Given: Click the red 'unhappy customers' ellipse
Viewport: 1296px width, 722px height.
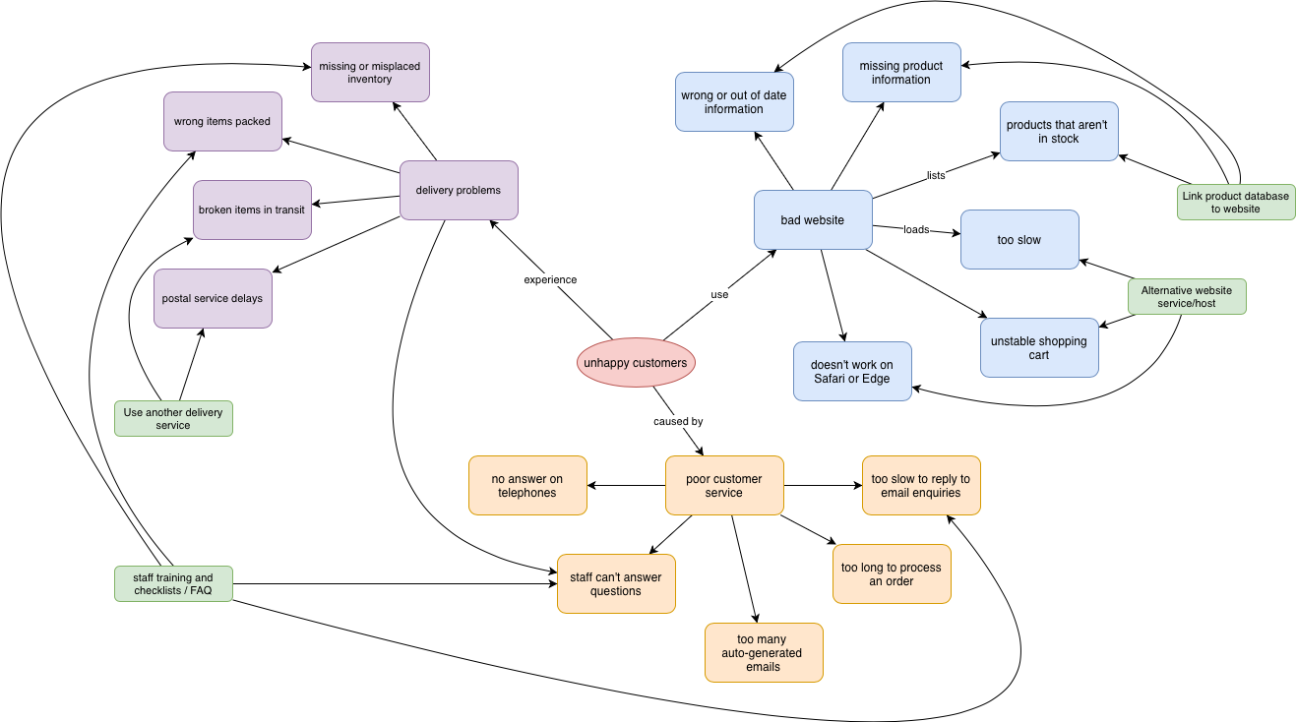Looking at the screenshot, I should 636,362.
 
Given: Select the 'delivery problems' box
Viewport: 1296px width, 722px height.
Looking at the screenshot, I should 459,190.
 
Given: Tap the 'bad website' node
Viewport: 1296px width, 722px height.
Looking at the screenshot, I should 813,219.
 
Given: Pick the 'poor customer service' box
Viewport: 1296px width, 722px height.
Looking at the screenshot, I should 724,485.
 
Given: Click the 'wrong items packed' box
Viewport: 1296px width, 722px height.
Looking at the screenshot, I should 222,121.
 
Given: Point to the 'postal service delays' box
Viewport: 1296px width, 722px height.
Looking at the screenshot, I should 213,298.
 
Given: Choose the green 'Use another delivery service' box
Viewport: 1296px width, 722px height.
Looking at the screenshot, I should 173,418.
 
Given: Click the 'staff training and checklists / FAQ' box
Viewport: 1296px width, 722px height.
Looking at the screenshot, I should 173,583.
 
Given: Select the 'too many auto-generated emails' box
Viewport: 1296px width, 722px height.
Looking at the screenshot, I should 764,652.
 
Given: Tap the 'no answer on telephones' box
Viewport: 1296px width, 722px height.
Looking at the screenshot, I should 527,485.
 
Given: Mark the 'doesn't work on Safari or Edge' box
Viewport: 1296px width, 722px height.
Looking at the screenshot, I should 852,371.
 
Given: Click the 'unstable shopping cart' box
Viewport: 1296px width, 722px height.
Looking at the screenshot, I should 1039,347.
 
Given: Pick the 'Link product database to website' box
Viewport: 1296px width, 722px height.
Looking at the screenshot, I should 1236,202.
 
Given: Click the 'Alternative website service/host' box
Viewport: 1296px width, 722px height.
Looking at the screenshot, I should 1187,296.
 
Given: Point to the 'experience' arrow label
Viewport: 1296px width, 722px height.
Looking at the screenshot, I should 550,279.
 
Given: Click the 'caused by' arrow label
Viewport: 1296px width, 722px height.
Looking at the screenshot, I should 678,421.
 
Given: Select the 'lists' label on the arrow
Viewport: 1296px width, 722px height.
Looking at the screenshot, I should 936,175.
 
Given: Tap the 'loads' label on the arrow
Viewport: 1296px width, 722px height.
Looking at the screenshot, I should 916,229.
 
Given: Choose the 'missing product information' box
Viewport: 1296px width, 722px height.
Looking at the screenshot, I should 901,72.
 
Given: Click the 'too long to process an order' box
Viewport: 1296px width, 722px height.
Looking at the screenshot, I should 892,573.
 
